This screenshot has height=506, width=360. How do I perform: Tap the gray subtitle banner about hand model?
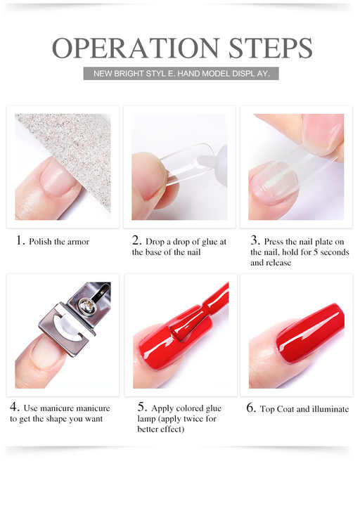181,73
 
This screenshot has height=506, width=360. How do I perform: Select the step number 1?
20,240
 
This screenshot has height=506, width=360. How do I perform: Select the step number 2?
136,240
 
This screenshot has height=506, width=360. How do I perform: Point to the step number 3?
255,240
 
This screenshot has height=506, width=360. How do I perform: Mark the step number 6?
251,408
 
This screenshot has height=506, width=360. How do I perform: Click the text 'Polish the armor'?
59,242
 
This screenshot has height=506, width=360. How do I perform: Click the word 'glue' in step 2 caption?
202,242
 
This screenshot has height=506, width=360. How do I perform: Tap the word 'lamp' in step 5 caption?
148,419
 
